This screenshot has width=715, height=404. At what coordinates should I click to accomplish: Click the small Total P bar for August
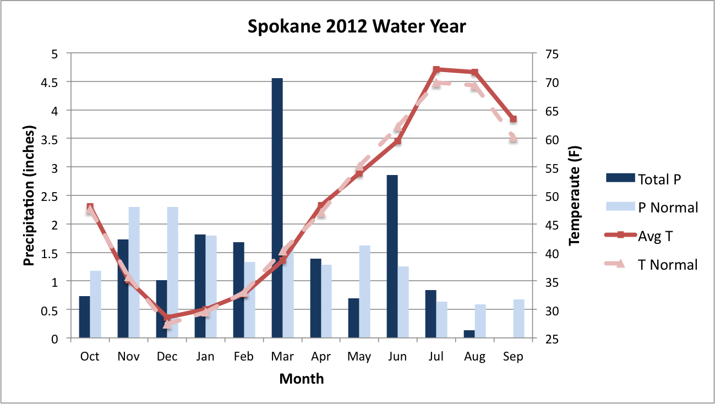pos(469,334)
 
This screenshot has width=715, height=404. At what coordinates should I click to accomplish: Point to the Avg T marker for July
pos(436,70)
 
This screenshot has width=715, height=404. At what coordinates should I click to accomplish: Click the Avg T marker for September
pos(513,119)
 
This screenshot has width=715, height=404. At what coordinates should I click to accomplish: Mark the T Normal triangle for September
pos(513,138)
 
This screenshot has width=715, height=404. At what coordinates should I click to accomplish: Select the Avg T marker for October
pos(90,208)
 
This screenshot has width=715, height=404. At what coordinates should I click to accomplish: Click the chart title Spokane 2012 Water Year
pos(357,26)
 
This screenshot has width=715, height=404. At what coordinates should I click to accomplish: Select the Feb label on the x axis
pos(243,357)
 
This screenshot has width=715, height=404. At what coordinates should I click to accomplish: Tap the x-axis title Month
pos(302,379)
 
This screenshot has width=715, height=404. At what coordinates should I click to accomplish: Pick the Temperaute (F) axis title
pos(575,196)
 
